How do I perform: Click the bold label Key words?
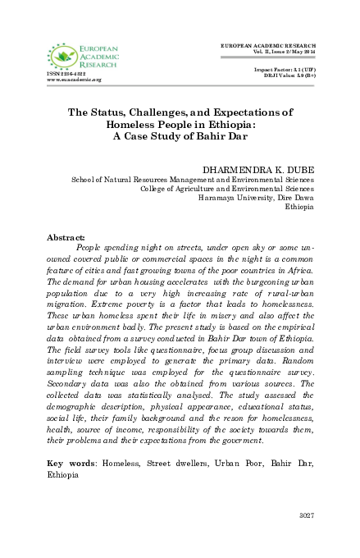tap(72, 464)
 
